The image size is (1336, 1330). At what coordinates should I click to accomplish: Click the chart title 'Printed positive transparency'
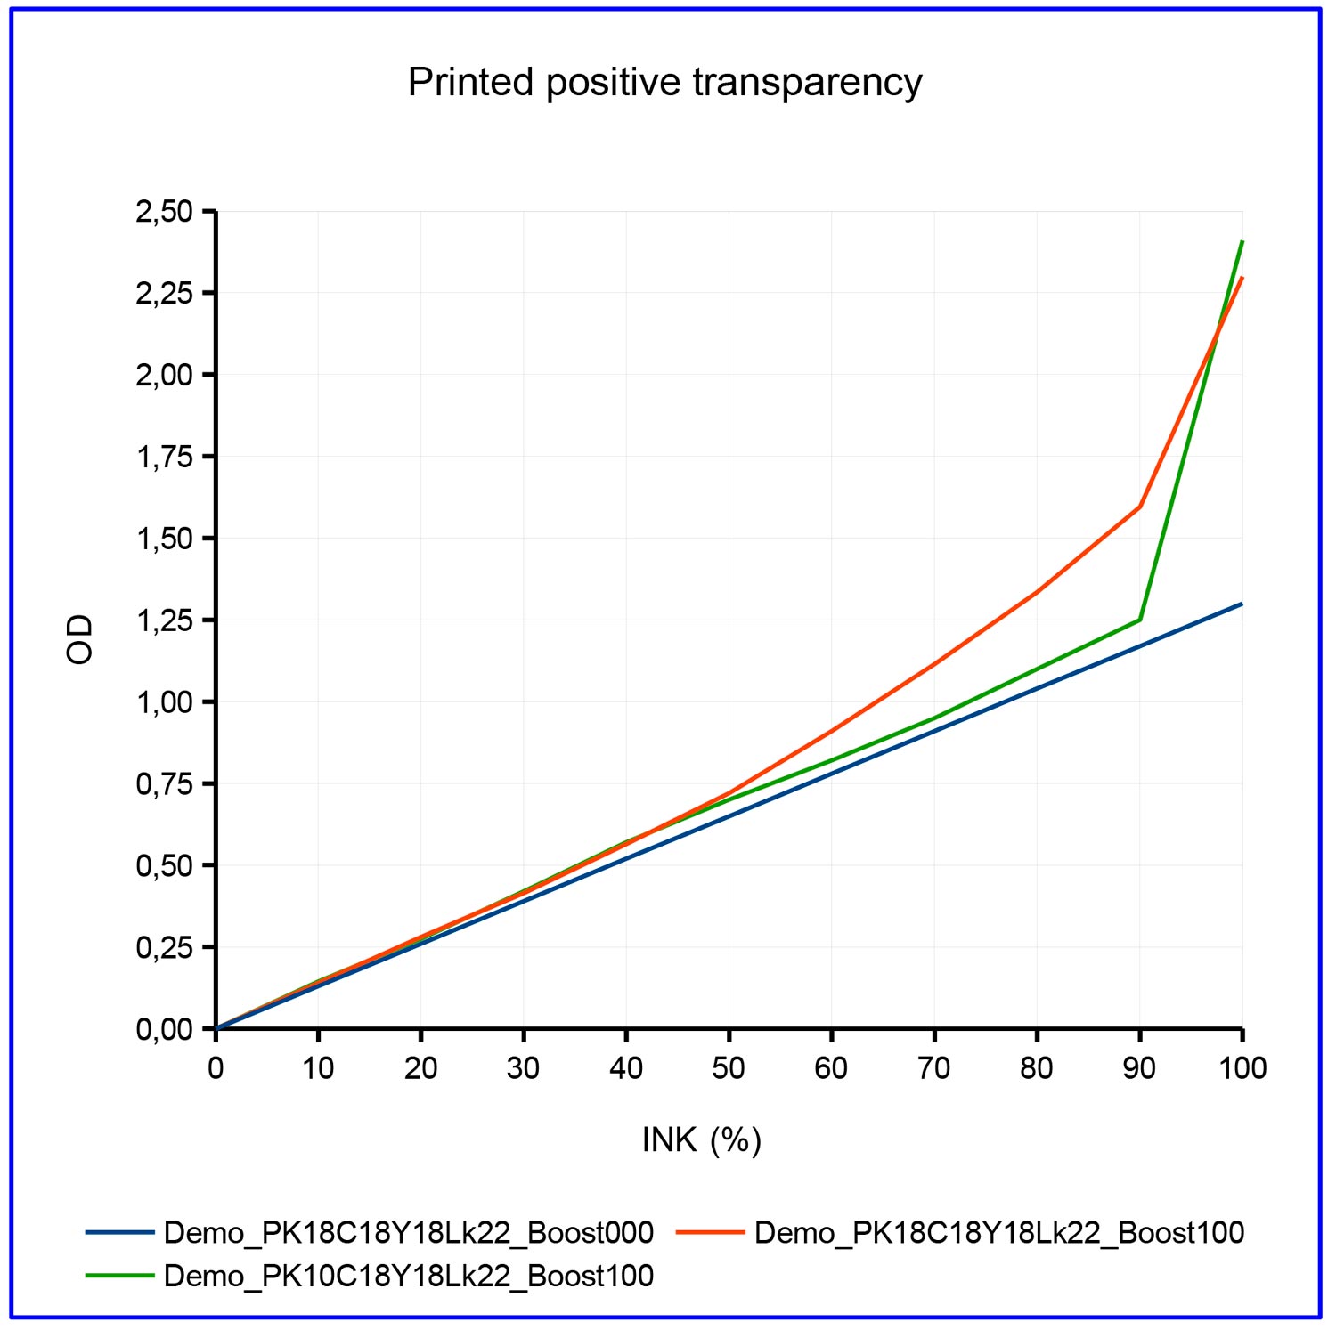[664, 83]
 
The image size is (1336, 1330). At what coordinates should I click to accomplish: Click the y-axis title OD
[80, 639]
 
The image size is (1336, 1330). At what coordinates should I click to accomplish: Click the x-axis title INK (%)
[701, 1139]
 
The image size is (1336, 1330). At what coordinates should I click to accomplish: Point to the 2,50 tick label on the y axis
[164, 212]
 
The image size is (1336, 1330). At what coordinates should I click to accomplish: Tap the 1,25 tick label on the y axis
[164, 620]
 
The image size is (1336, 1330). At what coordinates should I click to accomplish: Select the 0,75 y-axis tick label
[164, 784]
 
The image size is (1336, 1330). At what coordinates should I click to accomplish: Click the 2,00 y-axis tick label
[164, 375]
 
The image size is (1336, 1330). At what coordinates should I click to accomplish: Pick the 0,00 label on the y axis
[164, 1029]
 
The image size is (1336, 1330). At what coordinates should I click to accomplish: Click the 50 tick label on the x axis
[729, 1067]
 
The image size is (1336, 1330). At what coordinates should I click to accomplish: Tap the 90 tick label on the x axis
[1139, 1067]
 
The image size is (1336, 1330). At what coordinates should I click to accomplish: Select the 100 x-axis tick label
[1242, 1067]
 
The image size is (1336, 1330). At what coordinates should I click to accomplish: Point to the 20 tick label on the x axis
[420, 1067]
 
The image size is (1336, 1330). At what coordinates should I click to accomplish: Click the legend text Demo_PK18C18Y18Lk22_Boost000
[409, 1233]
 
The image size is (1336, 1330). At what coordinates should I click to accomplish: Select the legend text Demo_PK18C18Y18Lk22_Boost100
[998, 1233]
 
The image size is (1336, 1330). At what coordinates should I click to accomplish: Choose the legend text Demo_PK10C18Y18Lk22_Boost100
[409, 1276]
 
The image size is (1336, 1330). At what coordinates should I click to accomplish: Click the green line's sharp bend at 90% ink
[1140, 620]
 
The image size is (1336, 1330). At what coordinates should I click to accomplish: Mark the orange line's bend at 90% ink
[1140, 507]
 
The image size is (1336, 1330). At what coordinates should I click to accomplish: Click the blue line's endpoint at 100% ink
[1242, 604]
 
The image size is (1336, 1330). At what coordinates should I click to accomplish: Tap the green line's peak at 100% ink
[1242, 241]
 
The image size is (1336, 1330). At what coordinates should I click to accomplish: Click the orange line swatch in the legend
[710, 1233]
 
